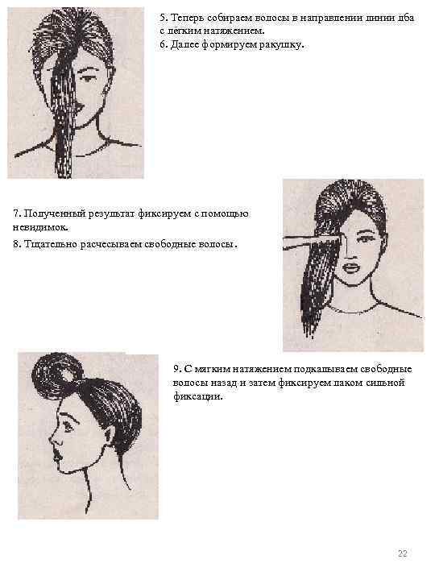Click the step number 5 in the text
click(164, 18)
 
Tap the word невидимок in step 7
click(40, 227)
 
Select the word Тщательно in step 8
click(51, 244)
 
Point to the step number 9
click(177, 369)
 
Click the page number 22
click(403, 553)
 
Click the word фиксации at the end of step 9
click(198, 396)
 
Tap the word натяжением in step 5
click(234, 31)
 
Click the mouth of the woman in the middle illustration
click(350, 267)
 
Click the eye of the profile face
click(68, 427)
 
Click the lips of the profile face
click(57, 455)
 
